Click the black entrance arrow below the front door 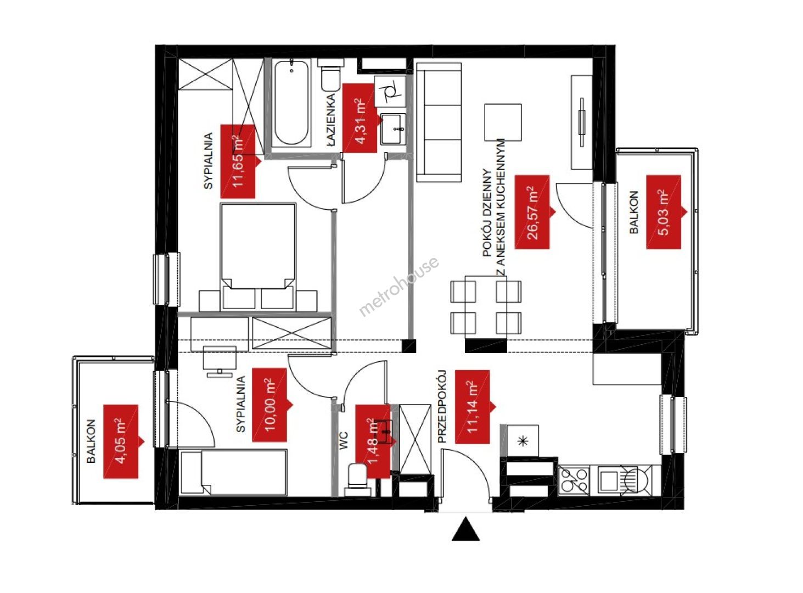coord(465,530)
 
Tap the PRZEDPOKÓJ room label coord(441,406)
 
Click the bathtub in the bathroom coord(291,103)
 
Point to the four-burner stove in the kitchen coord(574,480)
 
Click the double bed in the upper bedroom coord(258,256)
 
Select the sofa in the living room coord(439,122)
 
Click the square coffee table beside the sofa coord(503,122)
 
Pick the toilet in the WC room coord(357,479)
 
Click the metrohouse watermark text coord(399,286)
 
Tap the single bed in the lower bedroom coord(234,472)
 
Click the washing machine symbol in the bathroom coord(390,91)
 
